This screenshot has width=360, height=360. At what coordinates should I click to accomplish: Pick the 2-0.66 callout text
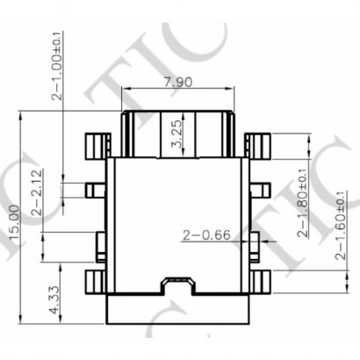point(205,234)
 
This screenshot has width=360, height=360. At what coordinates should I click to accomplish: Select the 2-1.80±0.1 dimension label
point(303,202)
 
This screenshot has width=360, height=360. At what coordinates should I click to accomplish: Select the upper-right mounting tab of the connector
point(257,144)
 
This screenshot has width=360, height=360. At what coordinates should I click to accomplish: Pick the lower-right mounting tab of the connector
point(257,283)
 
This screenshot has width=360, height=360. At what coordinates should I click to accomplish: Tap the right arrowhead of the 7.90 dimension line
point(233,89)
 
